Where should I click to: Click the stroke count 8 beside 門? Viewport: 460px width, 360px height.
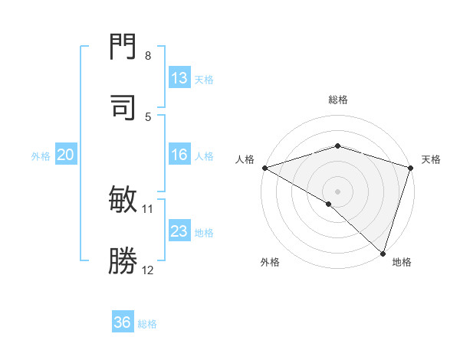point(148,56)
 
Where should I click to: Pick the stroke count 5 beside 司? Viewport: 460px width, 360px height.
point(148,116)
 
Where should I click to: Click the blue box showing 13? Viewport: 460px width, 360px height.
point(179,78)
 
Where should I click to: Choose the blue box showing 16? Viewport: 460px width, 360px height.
point(179,155)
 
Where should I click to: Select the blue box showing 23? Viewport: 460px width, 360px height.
point(179,231)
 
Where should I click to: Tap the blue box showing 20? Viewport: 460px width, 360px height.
point(65,155)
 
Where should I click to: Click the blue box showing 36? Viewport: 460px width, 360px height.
point(123,322)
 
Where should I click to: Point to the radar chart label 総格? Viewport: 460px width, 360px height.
point(337,100)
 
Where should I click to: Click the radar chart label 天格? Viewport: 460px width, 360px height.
point(431,159)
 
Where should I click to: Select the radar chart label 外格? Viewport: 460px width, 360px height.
point(270,263)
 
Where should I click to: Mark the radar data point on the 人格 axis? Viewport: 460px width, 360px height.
point(264,168)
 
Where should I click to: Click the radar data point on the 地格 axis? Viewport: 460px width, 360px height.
point(383,254)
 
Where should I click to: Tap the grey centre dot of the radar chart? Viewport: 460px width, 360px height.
point(337,191)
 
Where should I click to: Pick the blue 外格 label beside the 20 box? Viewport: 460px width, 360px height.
point(41,155)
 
